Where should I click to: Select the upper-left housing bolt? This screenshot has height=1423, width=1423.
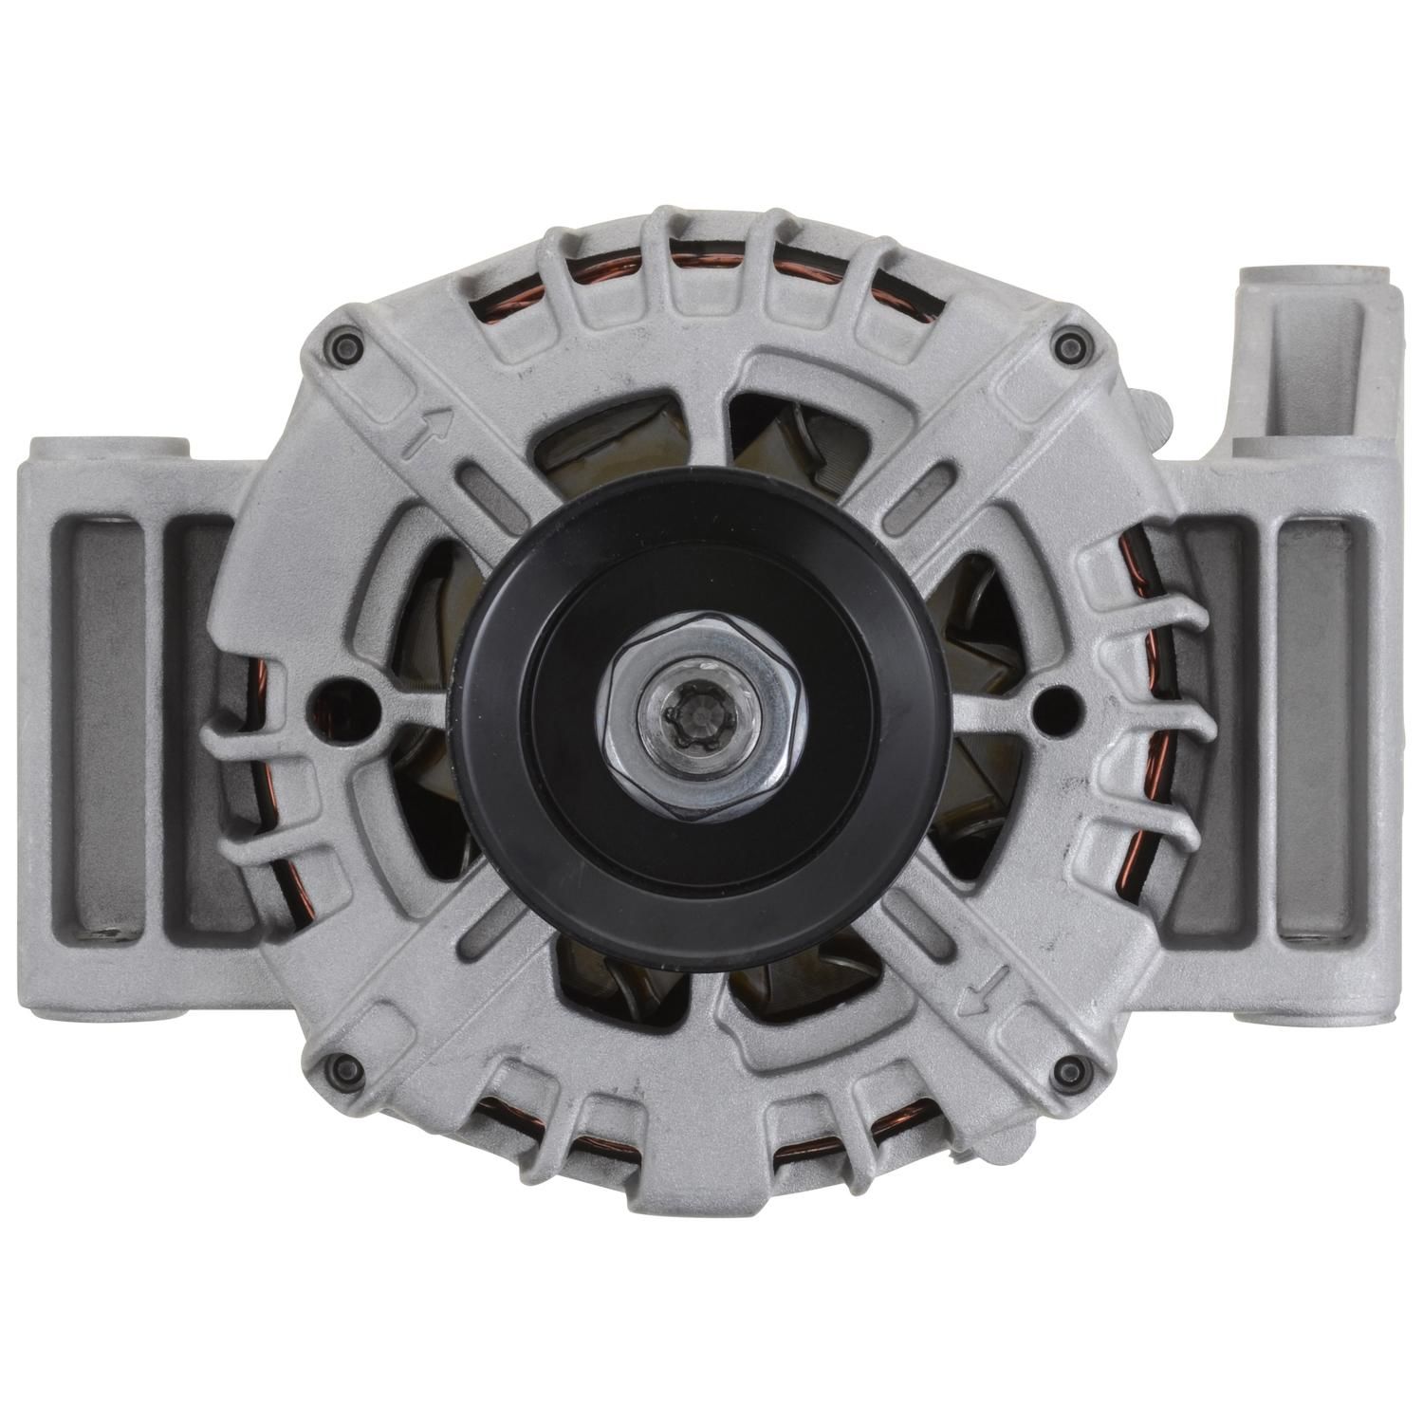(x=343, y=341)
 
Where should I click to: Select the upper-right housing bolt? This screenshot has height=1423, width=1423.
(x=1075, y=342)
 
